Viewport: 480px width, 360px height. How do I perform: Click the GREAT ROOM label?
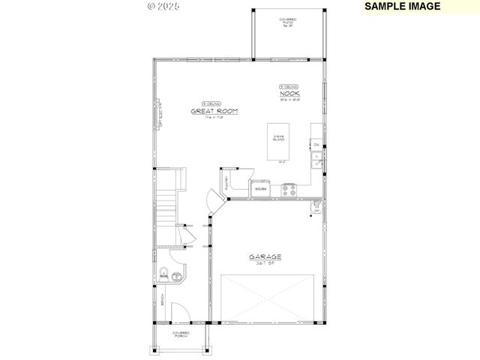tap(214, 111)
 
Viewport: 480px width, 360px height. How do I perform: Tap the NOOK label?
tap(289, 93)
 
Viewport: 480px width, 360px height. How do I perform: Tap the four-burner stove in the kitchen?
tap(289, 190)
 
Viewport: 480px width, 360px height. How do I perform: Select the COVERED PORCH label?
tap(181, 334)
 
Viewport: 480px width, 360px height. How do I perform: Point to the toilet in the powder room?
tap(163, 274)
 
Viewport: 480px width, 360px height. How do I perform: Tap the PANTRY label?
tap(224, 181)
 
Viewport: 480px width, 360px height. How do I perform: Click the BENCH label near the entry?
tap(162, 300)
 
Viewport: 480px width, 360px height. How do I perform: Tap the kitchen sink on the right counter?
tap(317, 160)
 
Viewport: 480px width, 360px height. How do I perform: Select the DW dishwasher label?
tap(316, 145)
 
